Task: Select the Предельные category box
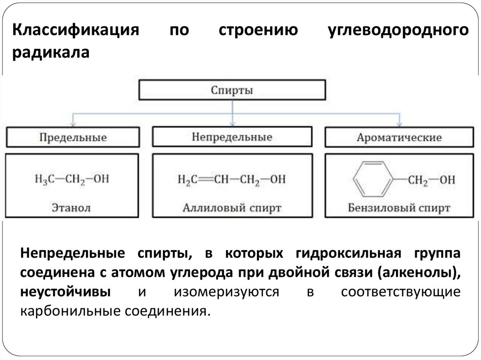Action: pos(72,138)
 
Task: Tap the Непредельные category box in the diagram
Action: pos(232,137)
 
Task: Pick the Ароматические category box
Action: pos(399,138)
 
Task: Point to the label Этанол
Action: pos(72,207)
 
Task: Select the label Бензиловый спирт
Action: pos(399,207)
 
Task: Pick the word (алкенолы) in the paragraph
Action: pos(419,273)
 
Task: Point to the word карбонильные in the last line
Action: pos(69,311)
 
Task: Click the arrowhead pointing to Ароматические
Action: pos(399,124)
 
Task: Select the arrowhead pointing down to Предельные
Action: pos(72,124)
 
